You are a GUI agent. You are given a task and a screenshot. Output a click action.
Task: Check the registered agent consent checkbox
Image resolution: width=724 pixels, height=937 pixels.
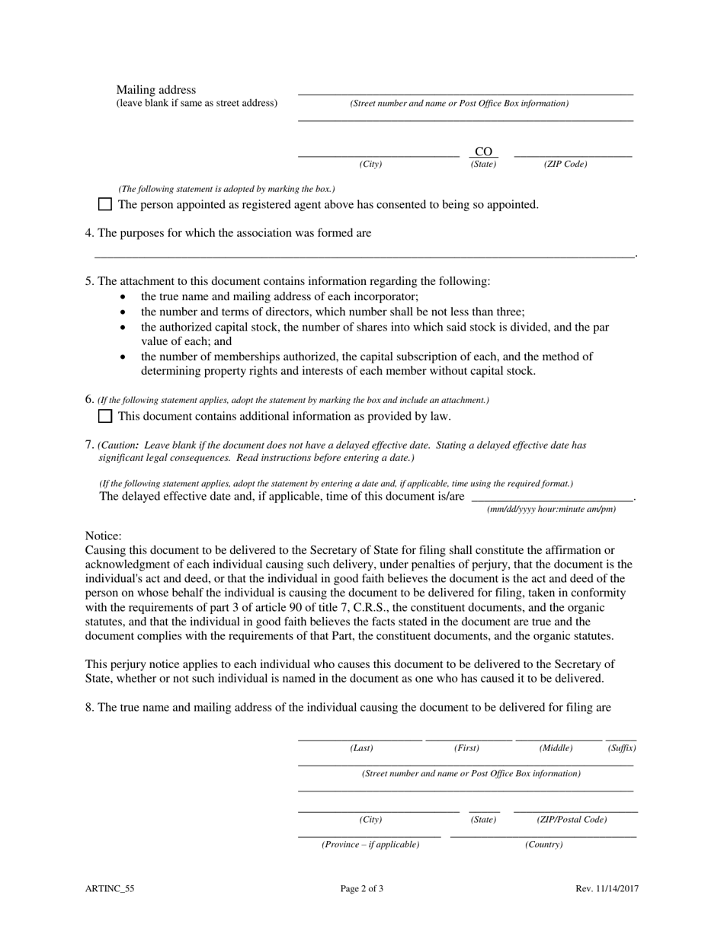pyautogui.click(x=105, y=204)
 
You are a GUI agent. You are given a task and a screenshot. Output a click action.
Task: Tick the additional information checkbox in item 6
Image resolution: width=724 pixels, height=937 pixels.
pyautogui.click(x=105, y=416)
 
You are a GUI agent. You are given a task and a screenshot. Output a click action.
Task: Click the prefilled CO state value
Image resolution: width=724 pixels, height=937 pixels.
pyautogui.click(x=483, y=152)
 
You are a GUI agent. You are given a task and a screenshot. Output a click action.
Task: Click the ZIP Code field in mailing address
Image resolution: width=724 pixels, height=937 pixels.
pyautogui.click(x=572, y=151)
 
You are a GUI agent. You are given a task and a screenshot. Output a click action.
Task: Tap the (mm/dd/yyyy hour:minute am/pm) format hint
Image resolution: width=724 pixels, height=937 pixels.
pyautogui.click(x=551, y=509)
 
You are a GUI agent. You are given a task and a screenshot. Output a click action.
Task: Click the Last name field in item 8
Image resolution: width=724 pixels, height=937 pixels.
pyautogui.click(x=360, y=734)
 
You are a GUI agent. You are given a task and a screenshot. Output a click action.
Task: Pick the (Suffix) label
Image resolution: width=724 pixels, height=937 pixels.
pyautogui.click(x=622, y=748)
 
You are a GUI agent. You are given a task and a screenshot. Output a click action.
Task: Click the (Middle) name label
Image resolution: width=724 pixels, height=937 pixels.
pyautogui.click(x=556, y=748)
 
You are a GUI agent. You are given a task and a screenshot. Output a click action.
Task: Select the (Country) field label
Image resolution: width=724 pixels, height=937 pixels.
pyautogui.click(x=543, y=844)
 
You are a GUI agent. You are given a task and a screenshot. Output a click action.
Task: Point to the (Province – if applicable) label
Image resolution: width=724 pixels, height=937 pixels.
pyautogui.click(x=370, y=844)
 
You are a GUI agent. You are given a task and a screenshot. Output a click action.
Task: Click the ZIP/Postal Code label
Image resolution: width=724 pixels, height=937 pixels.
pyautogui.click(x=572, y=820)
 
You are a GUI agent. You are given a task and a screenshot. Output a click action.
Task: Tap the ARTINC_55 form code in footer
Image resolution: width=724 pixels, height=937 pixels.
pyautogui.click(x=110, y=888)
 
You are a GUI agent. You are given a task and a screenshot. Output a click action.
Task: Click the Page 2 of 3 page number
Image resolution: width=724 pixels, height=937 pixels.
pyautogui.click(x=362, y=888)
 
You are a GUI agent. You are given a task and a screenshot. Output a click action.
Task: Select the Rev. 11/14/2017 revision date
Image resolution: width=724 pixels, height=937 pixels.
pyautogui.click(x=607, y=888)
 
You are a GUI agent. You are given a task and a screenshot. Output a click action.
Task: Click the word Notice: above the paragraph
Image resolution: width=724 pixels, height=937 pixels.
pyautogui.click(x=103, y=536)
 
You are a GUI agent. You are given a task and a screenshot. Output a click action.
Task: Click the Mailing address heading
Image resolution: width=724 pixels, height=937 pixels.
pyautogui.click(x=155, y=90)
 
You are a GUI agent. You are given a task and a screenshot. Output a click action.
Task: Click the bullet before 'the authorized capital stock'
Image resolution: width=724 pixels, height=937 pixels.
pyautogui.click(x=123, y=327)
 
